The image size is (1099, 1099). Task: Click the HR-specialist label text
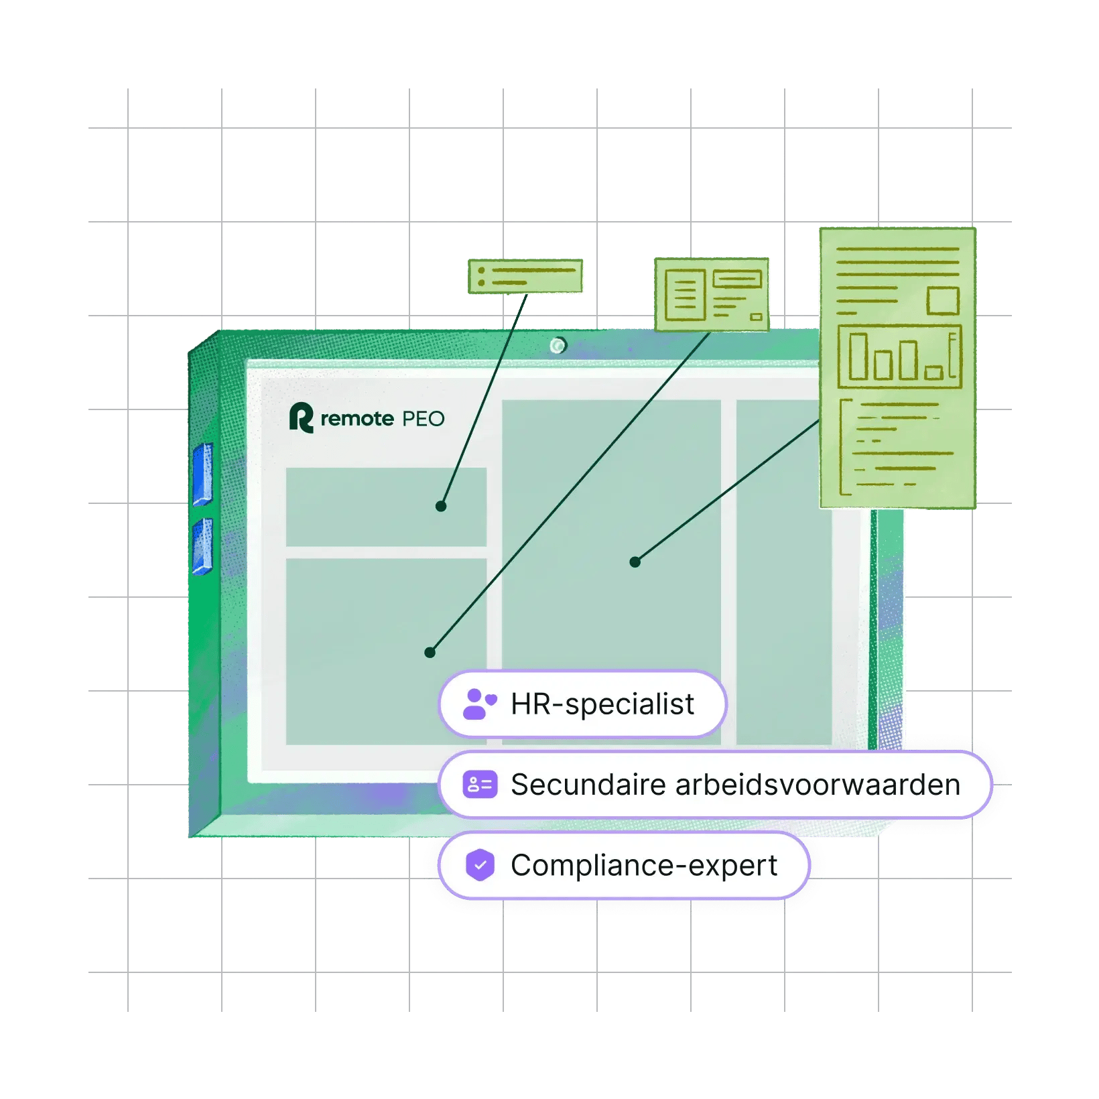click(602, 704)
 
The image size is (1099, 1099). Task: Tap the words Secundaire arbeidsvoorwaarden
click(735, 785)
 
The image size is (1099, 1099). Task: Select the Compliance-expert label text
click(643, 865)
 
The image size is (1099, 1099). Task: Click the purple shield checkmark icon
click(480, 865)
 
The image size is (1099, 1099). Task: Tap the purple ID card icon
click(480, 785)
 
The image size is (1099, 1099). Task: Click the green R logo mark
click(301, 418)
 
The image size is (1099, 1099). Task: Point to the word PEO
click(423, 419)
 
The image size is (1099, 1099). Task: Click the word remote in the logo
click(357, 419)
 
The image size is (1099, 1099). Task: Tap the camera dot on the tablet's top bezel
click(558, 345)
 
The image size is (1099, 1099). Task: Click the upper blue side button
click(202, 474)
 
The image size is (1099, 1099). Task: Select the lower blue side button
click(202, 547)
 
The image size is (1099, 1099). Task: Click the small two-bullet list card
click(525, 276)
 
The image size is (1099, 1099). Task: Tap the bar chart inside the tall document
click(899, 357)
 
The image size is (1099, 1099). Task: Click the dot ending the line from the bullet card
click(441, 507)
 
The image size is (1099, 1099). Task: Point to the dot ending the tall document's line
click(635, 562)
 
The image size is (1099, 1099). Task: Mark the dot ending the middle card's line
click(430, 653)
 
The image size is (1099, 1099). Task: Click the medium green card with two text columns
click(712, 295)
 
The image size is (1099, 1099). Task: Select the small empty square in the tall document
click(944, 301)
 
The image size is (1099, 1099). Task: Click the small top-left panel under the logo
click(386, 507)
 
